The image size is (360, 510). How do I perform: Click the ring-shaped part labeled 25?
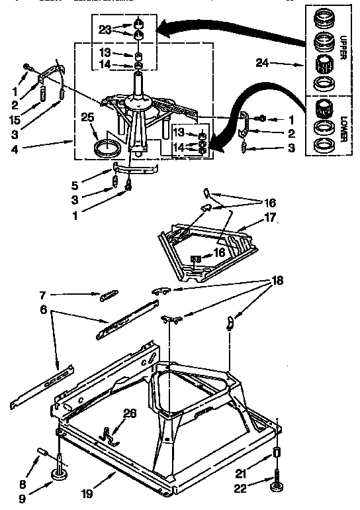click(107, 148)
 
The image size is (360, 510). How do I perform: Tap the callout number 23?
click(104, 28)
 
